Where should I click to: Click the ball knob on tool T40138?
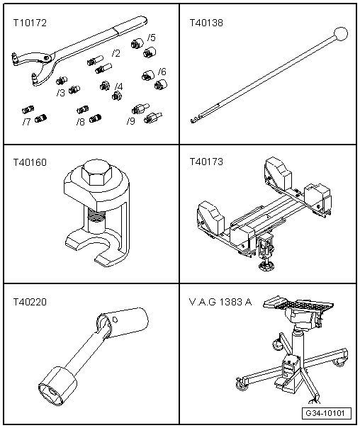342,33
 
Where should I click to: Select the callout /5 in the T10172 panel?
152,37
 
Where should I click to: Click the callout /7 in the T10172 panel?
26,122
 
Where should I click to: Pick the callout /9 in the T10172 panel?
131,122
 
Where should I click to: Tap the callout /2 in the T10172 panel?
116,54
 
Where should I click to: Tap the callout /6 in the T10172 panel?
162,72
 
